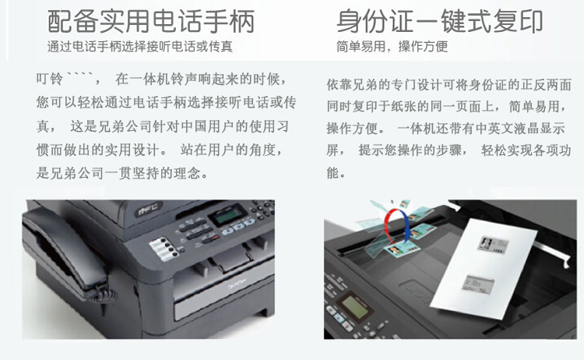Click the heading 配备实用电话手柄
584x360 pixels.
tap(151, 22)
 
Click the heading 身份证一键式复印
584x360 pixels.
tap(440, 22)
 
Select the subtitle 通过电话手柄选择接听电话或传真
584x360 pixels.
tap(140, 47)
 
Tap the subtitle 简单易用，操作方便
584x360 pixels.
tap(392, 47)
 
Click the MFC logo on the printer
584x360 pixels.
tap(148, 208)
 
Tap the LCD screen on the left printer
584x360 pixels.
tap(227, 215)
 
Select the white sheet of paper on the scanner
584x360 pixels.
tap(484, 268)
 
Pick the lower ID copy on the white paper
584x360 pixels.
tap(478, 284)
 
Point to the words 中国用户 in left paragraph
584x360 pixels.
tap(208, 126)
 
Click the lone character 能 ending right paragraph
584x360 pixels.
tap(333, 172)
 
